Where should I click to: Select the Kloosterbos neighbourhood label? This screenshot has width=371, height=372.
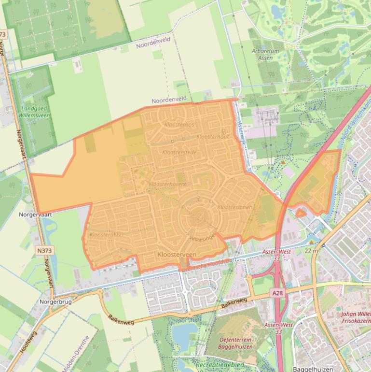(x=179, y=125)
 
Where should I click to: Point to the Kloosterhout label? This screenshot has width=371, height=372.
(x=213, y=137)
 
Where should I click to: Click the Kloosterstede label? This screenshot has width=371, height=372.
(x=179, y=153)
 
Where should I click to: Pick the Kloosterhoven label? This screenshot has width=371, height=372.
(x=167, y=185)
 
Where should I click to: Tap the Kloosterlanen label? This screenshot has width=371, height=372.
(x=235, y=207)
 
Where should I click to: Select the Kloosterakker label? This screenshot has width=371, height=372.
(x=107, y=235)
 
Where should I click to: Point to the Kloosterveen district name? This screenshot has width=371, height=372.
(x=177, y=254)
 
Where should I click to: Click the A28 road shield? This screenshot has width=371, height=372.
(x=277, y=293)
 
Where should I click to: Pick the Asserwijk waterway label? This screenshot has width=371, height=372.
(x=242, y=130)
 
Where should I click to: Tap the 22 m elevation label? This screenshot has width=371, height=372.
(x=311, y=251)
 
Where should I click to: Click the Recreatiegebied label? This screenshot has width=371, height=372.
(x=220, y=365)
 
